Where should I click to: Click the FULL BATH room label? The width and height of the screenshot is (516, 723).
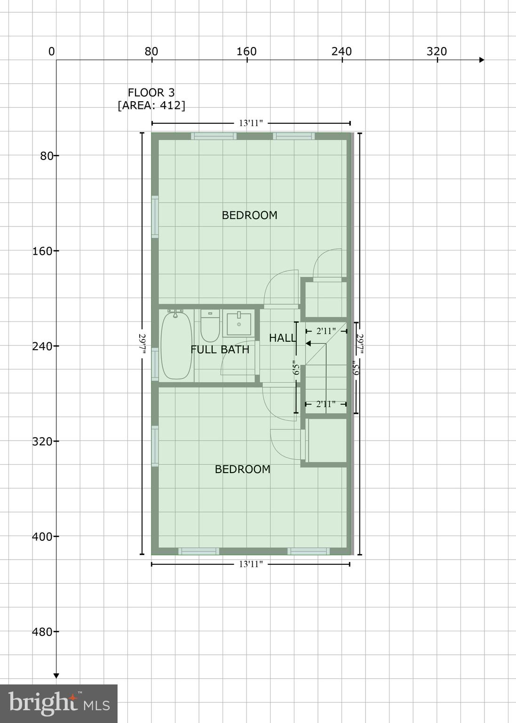[220, 349]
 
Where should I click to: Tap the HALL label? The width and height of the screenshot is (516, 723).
[282, 337]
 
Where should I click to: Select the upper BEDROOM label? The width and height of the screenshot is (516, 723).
[249, 215]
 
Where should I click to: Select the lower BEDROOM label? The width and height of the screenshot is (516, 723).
[242, 469]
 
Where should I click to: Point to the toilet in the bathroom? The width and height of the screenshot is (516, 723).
[210, 326]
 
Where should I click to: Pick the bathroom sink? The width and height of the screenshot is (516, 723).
[238, 324]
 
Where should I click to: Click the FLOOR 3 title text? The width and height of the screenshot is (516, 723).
[151, 92]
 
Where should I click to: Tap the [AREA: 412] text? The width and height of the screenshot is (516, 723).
[151, 105]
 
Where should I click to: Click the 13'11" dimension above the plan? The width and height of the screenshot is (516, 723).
[251, 123]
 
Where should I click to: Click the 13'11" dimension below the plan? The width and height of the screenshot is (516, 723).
[251, 564]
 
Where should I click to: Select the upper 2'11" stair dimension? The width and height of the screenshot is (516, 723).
[325, 331]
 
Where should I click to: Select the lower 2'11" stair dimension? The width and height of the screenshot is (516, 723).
[325, 404]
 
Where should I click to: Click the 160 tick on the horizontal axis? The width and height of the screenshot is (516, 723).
[246, 52]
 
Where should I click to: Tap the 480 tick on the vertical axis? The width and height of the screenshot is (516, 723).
[43, 631]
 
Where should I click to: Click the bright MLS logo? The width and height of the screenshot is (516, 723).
[58, 703]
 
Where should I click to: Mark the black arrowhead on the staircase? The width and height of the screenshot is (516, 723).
[309, 344]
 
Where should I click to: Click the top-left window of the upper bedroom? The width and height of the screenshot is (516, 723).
[214, 137]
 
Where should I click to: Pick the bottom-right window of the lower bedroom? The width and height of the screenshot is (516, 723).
[308, 551]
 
